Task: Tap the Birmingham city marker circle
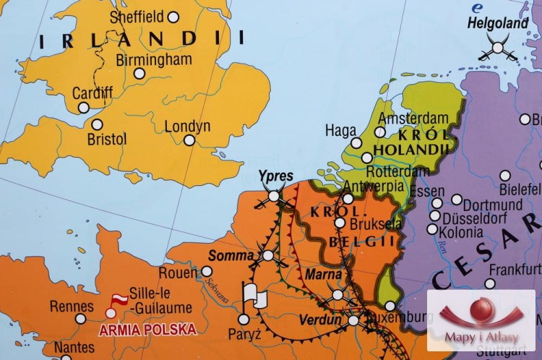coord(139,73)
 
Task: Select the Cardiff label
coord(93,93)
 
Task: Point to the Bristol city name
coord(107,138)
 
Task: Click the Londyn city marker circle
coord(189,140)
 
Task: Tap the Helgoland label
coord(498,23)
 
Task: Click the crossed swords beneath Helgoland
coord(496,48)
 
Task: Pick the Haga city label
coord(340,131)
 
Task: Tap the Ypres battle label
coord(276,176)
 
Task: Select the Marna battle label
coord(322,275)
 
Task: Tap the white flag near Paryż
coord(254,295)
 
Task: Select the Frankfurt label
coord(515,270)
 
